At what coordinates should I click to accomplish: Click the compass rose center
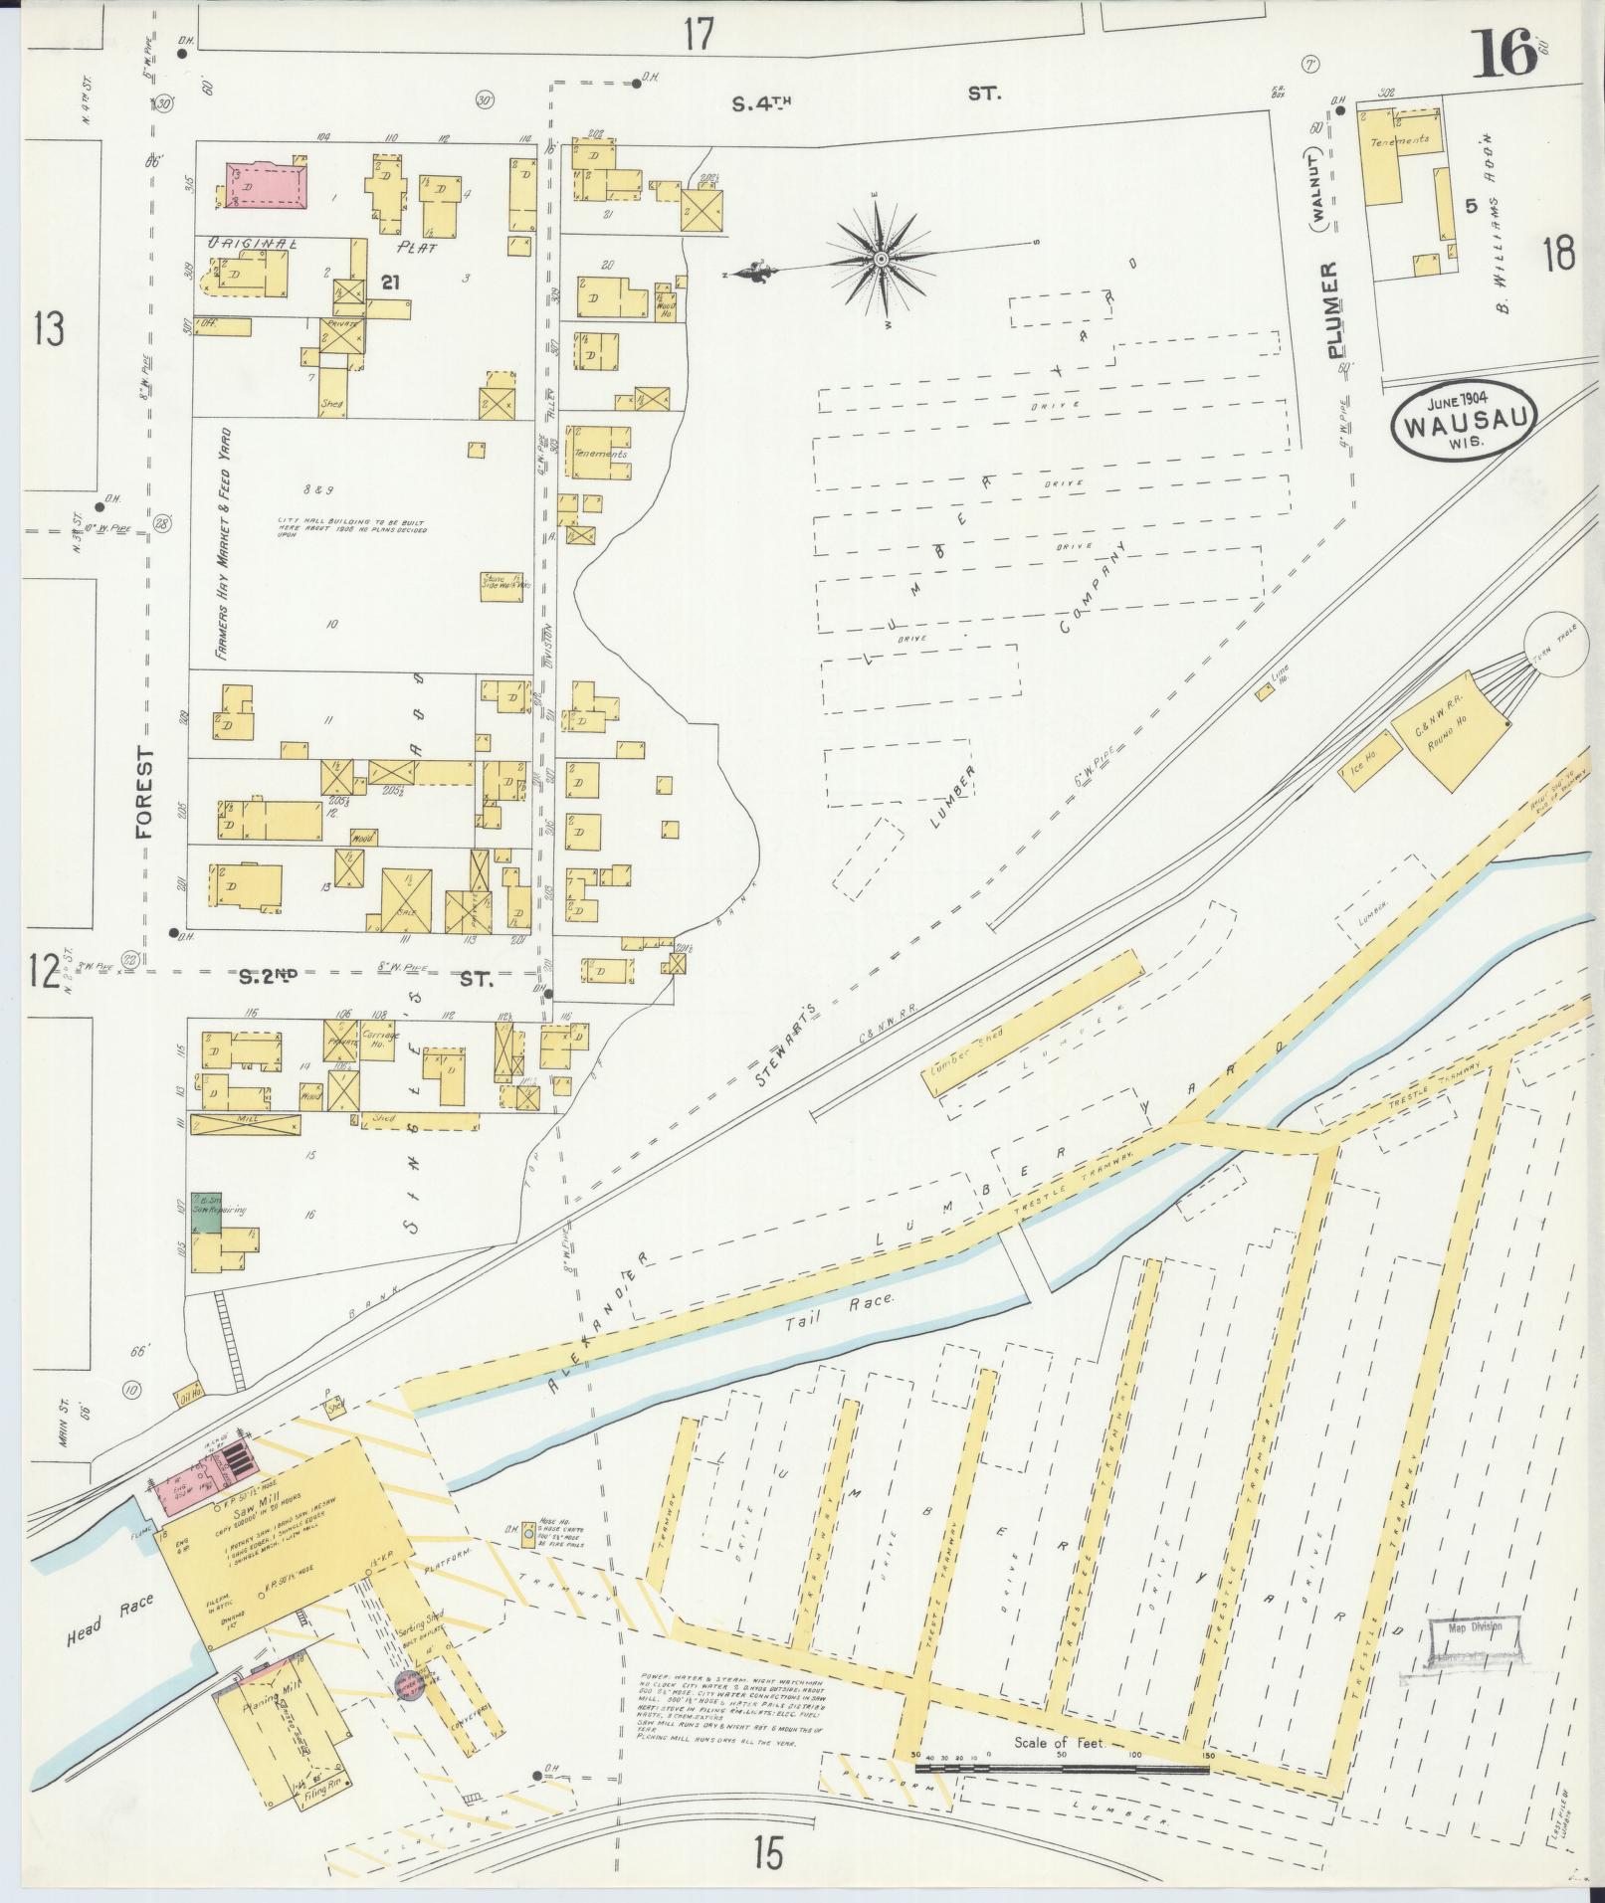coord(882,260)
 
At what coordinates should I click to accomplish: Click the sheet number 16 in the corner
coord(1506,56)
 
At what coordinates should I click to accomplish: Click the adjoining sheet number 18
coord(1559,256)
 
